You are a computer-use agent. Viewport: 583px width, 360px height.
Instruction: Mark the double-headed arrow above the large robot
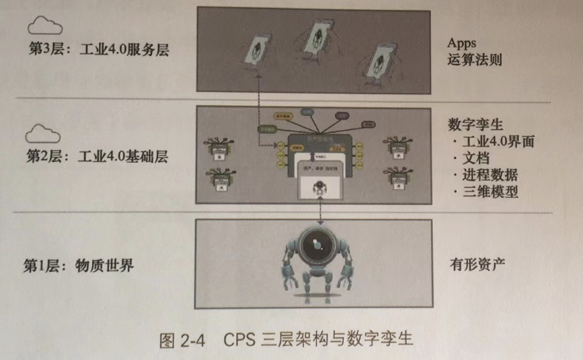point(320,209)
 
